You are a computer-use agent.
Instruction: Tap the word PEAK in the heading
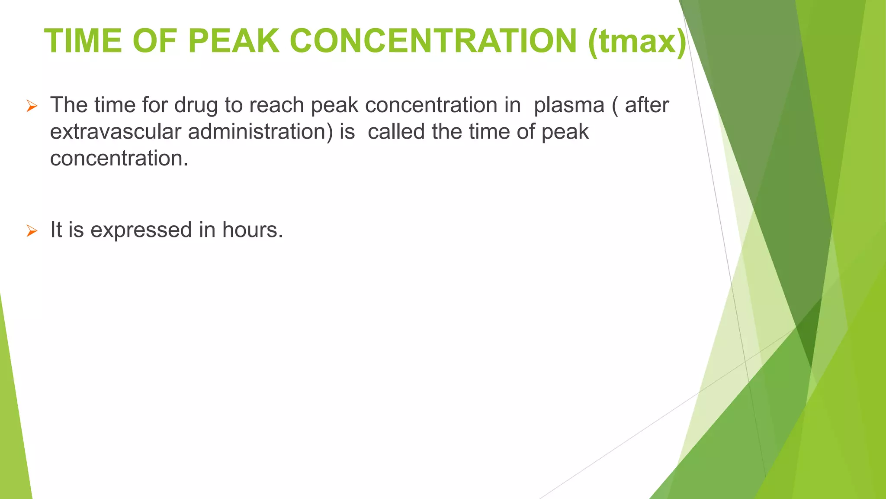coord(234,41)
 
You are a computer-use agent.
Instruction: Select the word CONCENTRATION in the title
coord(433,41)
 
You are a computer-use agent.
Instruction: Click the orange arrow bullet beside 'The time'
coord(32,106)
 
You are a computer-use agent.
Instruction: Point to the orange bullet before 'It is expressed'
coord(32,230)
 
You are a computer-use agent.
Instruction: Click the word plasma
coord(568,106)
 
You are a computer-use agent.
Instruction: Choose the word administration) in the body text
coord(260,132)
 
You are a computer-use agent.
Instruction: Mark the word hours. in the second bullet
coord(253,230)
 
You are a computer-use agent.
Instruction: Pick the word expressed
coord(141,230)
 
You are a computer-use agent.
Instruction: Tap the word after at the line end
coord(647,105)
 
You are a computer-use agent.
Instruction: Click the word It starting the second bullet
coord(56,230)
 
